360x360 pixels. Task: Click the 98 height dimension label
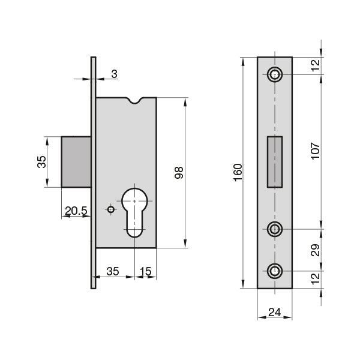pyautogui.click(x=179, y=173)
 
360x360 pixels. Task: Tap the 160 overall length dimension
pyautogui.click(x=238, y=172)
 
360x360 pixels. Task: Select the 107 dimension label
pyautogui.click(x=315, y=151)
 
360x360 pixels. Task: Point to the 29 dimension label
pyautogui.click(x=315, y=250)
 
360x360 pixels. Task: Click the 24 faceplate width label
pyautogui.click(x=275, y=312)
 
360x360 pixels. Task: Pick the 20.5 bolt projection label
pyautogui.click(x=76, y=211)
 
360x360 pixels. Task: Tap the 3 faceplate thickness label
pyautogui.click(x=114, y=74)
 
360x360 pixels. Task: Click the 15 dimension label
pyautogui.click(x=145, y=271)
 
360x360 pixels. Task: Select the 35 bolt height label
pyautogui.click(x=41, y=162)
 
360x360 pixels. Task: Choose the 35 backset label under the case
pyautogui.click(x=113, y=271)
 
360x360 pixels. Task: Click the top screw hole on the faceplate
pyautogui.click(x=275, y=74)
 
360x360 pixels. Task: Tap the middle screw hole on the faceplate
pyautogui.click(x=275, y=229)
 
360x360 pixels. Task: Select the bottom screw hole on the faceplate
pyautogui.click(x=275, y=271)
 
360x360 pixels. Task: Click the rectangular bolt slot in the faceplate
pyautogui.click(x=275, y=162)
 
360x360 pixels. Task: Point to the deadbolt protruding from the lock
pyautogui.click(x=76, y=162)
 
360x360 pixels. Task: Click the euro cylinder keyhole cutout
pyautogui.click(x=134, y=212)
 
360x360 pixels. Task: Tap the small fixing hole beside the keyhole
pyautogui.click(x=111, y=209)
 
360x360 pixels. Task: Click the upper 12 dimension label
pyautogui.click(x=316, y=65)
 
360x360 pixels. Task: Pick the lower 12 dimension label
pyautogui.click(x=316, y=279)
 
